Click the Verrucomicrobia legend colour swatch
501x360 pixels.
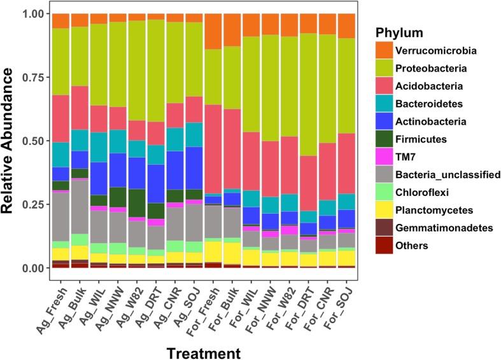(384, 50)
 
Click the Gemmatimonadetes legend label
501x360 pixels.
(437, 228)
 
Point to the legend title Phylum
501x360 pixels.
(400, 32)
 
